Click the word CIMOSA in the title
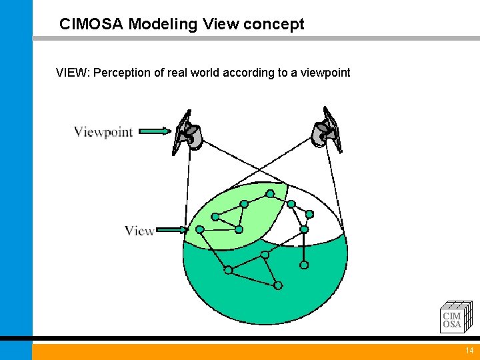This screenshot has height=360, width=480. point(91,25)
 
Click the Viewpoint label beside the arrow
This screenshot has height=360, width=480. point(103,132)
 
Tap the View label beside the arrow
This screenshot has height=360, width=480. point(139,231)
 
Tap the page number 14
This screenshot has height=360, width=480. point(469,351)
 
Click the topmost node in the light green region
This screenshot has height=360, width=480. point(270,194)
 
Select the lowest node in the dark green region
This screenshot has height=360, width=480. point(278,285)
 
